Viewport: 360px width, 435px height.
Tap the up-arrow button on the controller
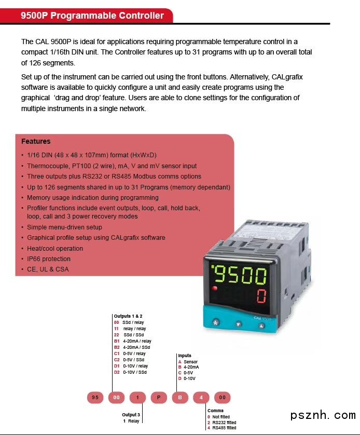coord(261,326)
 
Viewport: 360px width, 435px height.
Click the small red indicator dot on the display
coord(214,288)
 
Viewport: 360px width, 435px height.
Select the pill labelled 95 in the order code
coord(95,398)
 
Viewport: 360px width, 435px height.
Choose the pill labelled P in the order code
coord(158,398)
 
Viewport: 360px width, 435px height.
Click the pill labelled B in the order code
coord(179,398)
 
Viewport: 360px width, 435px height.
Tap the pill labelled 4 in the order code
coord(201,398)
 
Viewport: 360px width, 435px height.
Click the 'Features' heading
coord(36,141)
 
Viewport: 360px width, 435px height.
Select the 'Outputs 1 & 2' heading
coord(128,316)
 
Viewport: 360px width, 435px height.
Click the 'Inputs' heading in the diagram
coord(185,356)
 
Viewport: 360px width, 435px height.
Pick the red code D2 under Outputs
coord(117,372)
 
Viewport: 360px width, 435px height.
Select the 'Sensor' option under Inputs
coord(190,362)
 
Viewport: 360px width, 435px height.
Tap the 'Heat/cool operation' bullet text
coord(55,248)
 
